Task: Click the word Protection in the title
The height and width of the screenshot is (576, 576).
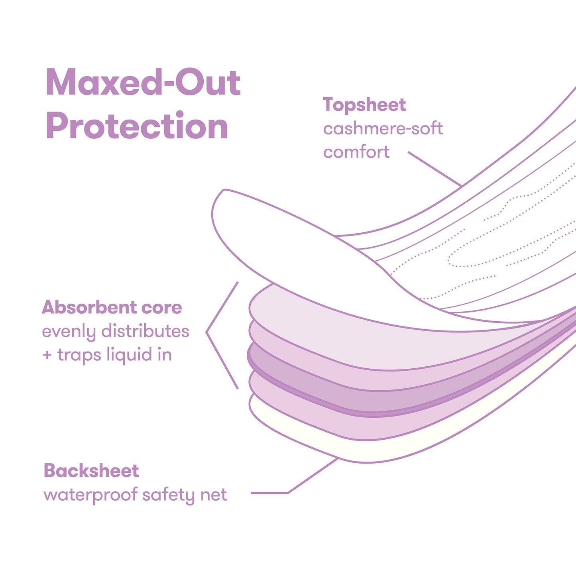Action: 137,126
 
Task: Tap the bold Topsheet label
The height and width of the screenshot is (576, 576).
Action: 364,105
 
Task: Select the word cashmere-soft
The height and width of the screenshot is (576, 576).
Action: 383,129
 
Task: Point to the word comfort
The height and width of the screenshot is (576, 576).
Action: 356,152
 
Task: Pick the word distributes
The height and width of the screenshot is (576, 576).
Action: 145,331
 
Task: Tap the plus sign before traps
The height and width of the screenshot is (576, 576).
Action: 47,355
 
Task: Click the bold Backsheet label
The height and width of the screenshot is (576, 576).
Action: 91,471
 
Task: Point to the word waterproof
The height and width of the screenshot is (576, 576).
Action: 90,495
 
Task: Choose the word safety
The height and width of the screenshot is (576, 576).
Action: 169,495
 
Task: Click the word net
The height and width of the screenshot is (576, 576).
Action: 214,495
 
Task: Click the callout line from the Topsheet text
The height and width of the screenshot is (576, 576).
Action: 434,169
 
